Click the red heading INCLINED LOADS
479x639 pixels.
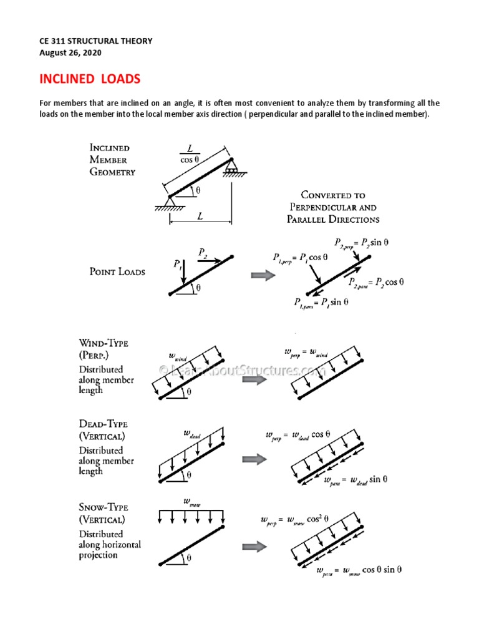click(90, 79)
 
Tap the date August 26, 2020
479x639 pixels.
click(70, 53)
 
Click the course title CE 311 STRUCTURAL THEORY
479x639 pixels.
click(96, 41)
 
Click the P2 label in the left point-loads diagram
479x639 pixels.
click(203, 252)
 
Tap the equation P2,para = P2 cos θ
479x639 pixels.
click(375, 282)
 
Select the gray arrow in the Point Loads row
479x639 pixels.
click(263, 275)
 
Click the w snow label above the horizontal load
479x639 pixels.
click(191, 501)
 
